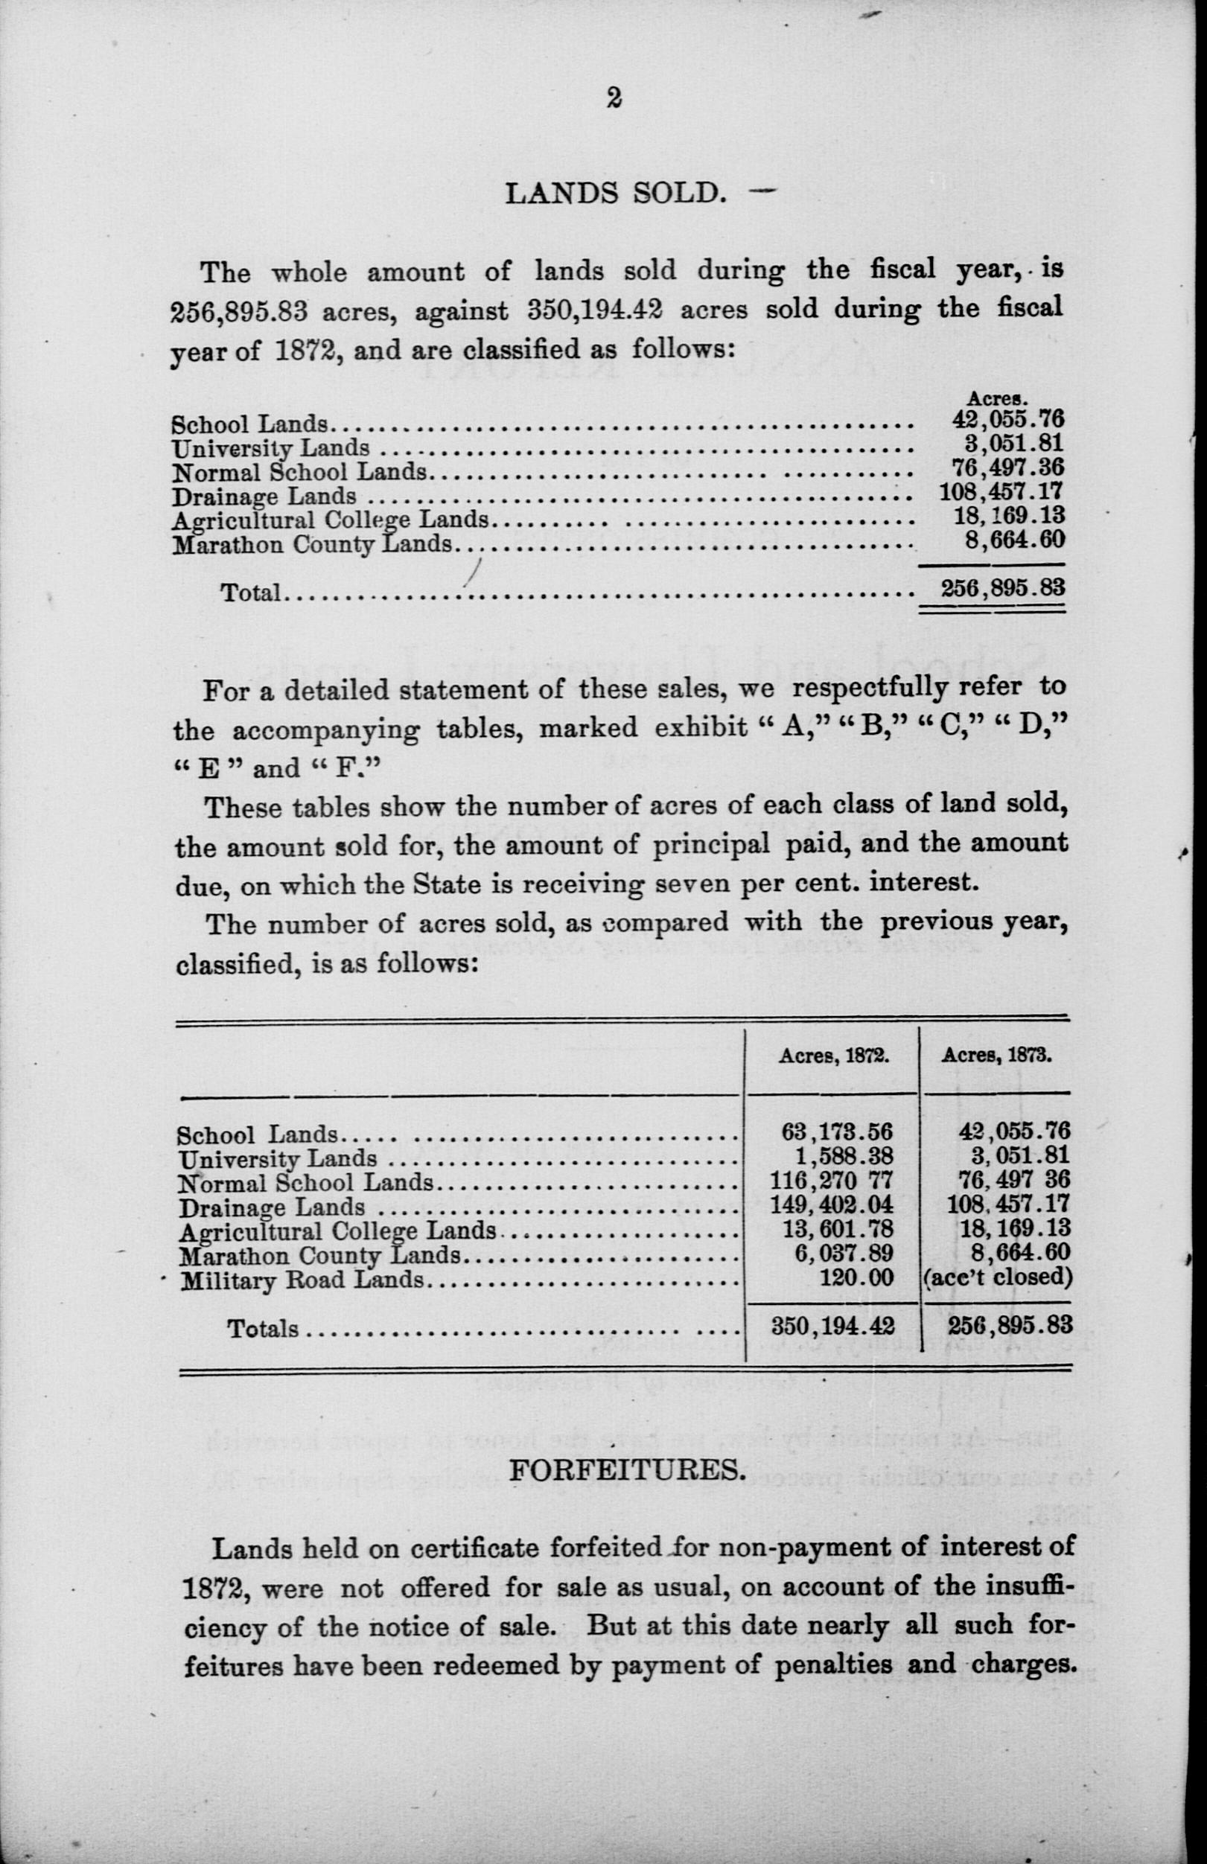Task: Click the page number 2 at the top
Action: click(x=614, y=98)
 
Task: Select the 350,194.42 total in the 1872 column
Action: click(x=832, y=1326)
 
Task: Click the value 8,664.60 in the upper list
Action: click(x=1014, y=541)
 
